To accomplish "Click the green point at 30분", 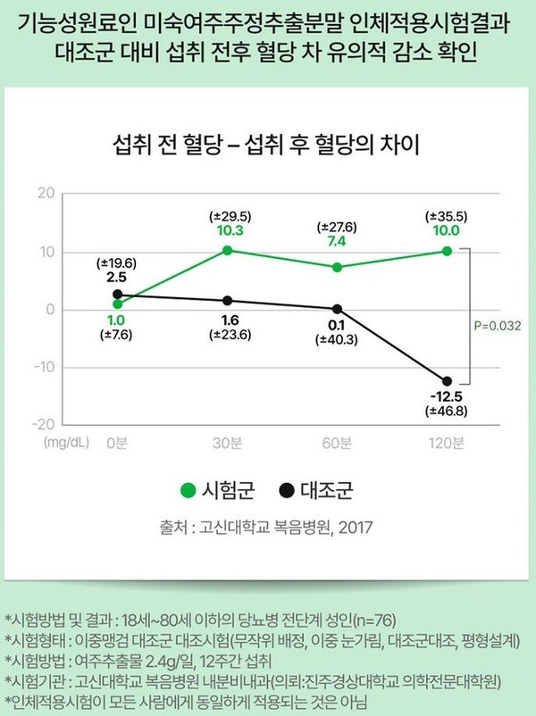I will [228, 250].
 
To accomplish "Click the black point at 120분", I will [447, 381].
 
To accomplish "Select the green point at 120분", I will [447, 251].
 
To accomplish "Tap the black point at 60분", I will [337, 309].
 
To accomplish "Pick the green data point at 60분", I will [337, 267].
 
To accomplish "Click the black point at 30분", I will [228, 301].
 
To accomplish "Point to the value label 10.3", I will [228, 230].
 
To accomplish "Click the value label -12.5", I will [447, 396].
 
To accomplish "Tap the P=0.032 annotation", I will [494, 326].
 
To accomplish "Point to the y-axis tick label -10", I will [44, 367].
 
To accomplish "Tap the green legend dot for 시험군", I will [187, 490].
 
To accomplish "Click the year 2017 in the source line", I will [355, 527].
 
